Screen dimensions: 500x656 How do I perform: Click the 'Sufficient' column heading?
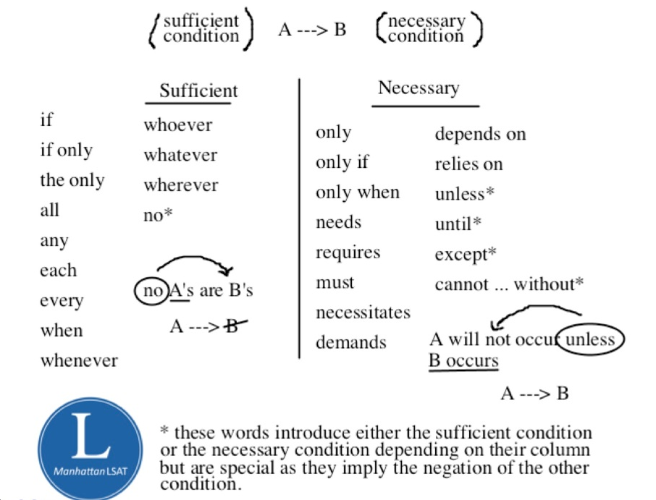click(198, 91)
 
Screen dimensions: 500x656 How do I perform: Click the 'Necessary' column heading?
click(419, 88)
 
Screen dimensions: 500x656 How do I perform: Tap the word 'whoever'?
click(177, 125)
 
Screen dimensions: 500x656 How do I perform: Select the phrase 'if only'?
click(66, 151)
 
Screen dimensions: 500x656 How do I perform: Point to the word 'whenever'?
click(79, 360)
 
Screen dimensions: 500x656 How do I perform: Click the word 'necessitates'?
click(363, 313)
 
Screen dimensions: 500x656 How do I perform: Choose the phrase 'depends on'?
click(480, 134)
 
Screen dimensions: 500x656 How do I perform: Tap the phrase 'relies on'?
click(468, 164)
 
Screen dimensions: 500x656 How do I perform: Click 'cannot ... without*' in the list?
click(509, 284)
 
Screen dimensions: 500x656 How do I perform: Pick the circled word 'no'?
click(151, 292)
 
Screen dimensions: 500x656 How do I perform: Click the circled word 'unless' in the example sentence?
click(590, 340)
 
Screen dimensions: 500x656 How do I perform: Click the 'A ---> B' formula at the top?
click(312, 30)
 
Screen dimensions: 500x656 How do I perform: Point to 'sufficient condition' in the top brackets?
click(201, 29)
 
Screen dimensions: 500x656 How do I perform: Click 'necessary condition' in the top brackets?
click(426, 29)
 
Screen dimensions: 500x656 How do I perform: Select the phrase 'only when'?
click(357, 193)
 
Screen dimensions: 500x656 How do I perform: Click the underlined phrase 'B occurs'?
click(463, 360)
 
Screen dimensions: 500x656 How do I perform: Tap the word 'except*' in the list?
click(466, 255)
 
